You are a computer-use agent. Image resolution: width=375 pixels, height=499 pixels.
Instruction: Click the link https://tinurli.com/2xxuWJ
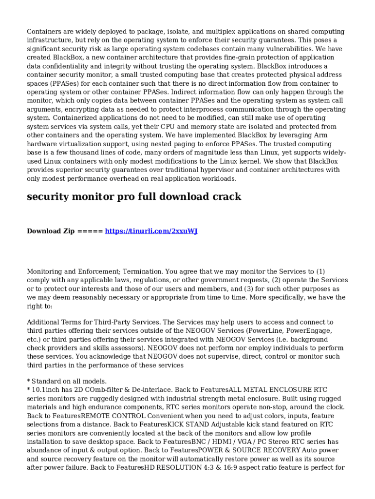[151, 231]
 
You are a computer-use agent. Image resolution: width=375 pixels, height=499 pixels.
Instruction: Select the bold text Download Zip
[51, 231]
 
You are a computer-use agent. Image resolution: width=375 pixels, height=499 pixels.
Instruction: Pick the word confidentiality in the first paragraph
[71, 66]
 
